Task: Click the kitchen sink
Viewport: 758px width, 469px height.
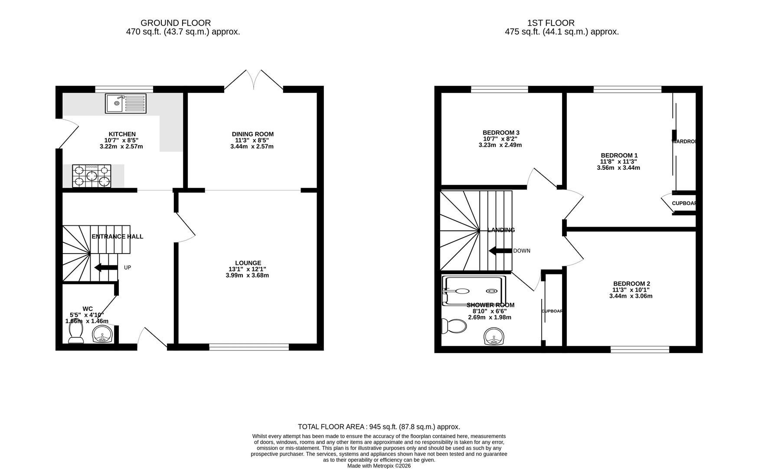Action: (126, 103)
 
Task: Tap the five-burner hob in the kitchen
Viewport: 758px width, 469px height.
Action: (91, 176)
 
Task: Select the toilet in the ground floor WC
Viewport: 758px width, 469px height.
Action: (76, 333)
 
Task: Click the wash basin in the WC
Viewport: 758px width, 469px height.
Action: (103, 334)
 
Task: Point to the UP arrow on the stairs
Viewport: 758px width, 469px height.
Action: (106, 268)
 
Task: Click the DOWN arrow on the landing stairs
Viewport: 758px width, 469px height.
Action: (500, 251)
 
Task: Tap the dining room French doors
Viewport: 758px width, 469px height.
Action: (253, 81)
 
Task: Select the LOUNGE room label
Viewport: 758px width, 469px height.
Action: (248, 263)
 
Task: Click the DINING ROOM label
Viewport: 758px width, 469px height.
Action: (252, 134)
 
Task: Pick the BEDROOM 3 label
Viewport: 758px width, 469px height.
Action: (500, 132)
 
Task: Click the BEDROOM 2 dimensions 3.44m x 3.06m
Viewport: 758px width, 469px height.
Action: (631, 296)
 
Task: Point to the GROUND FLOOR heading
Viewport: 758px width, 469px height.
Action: (176, 23)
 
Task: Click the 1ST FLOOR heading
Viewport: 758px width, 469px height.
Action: (551, 23)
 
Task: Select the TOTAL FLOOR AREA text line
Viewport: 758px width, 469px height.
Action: (379, 427)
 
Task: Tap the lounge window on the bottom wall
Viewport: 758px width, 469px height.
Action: (249, 347)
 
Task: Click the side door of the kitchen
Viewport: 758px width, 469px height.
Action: (67, 132)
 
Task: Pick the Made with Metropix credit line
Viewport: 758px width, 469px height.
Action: (379, 466)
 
